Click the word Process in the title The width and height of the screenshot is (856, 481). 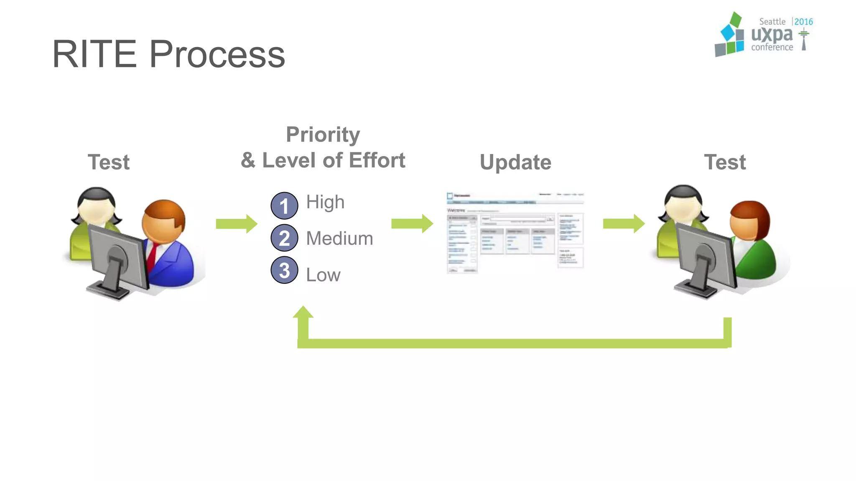pyautogui.click(x=217, y=54)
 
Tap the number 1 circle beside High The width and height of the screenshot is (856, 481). pyautogui.click(x=284, y=205)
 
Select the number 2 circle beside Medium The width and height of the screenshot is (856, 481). pyautogui.click(x=284, y=238)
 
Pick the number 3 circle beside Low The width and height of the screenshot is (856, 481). pyautogui.click(x=284, y=270)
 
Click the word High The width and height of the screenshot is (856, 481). pyautogui.click(x=325, y=202)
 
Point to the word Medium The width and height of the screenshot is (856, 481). pyautogui.click(x=339, y=238)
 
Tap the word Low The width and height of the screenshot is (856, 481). pyautogui.click(x=323, y=275)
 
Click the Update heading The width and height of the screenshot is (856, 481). pyautogui.click(x=515, y=162)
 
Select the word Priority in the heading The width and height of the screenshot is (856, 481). pyautogui.click(x=323, y=134)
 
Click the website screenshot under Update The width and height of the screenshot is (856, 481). pyautogui.click(x=515, y=232)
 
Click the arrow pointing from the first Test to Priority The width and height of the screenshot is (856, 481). pyautogui.click(x=236, y=224)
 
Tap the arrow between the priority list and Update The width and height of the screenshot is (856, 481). pyautogui.click(x=412, y=224)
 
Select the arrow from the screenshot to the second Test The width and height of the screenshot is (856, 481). pyautogui.click(x=624, y=224)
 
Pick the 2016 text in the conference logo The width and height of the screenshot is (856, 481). pyautogui.click(x=803, y=22)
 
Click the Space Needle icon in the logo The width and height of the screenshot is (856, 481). pyautogui.click(x=803, y=40)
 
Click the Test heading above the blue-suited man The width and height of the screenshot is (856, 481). pyautogui.click(x=109, y=162)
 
